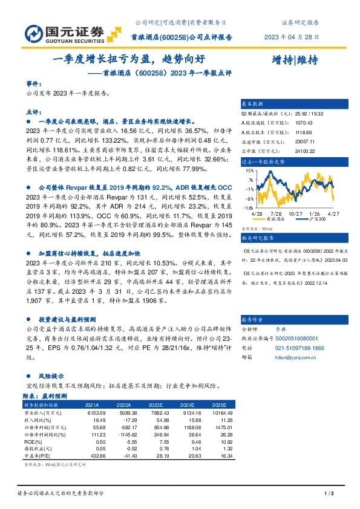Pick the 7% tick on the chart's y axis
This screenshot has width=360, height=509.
(x=250, y=180)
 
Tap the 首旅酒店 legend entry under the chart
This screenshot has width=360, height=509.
(x=275, y=219)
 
